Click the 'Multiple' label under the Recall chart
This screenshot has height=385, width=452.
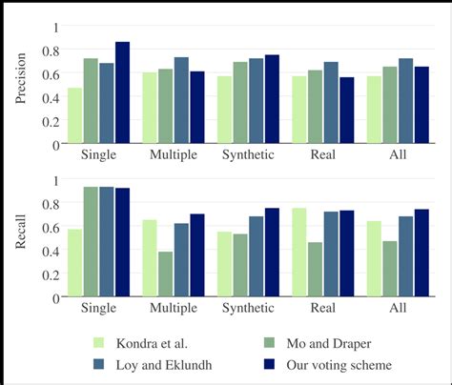point(174,308)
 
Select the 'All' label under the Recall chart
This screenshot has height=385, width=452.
point(398,308)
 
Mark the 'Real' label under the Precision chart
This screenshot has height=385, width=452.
point(322,154)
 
